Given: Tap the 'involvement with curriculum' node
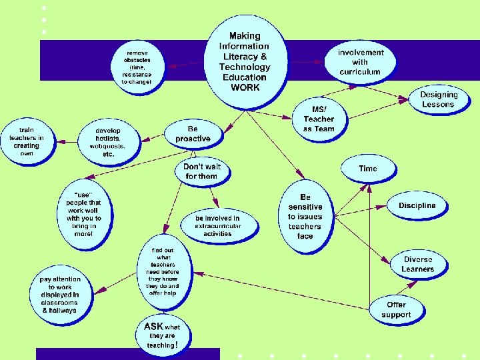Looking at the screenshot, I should pyautogui.click(x=360, y=61).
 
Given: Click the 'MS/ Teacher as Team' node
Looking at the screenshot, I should pyautogui.click(x=319, y=119).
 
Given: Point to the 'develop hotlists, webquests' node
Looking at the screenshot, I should pyautogui.click(x=110, y=141).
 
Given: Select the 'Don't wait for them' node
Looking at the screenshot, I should pyautogui.click(x=202, y=171).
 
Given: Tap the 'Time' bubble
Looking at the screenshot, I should pyautogui.click(x=368, y=169).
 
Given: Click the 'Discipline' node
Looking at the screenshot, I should pyautogui.click(x=417, y=205).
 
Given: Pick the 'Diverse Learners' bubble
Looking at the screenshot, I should pyautogui.click(x=417, y=264).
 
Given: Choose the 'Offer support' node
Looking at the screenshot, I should pyautogui.click(x=396, y=309).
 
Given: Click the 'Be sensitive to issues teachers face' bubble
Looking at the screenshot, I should pyautogui.click(x=305, y=216).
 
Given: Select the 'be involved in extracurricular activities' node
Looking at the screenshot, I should pyautogui.click(x=217, y=225).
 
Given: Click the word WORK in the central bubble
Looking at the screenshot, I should pyautogui.click(x=245, y=87).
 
